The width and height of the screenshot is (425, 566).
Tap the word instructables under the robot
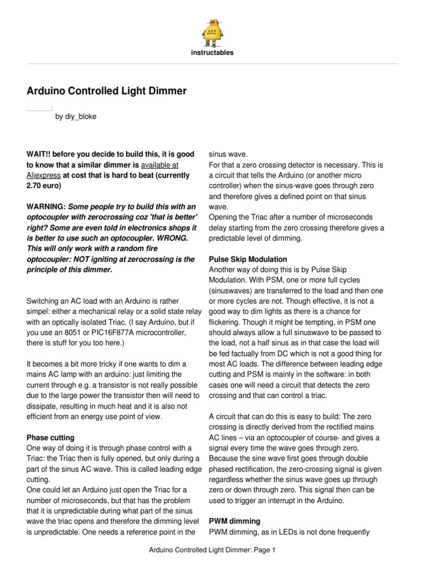(212, 53)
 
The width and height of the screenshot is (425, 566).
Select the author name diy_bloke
(81, 117)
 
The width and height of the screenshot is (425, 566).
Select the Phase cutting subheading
(50, 437)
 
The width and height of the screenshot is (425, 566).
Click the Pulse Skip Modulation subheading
(247, 259)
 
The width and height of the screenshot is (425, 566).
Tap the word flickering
(225, 322)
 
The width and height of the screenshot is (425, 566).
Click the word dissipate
(43, 395)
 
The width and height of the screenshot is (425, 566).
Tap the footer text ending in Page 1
(212, 551)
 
